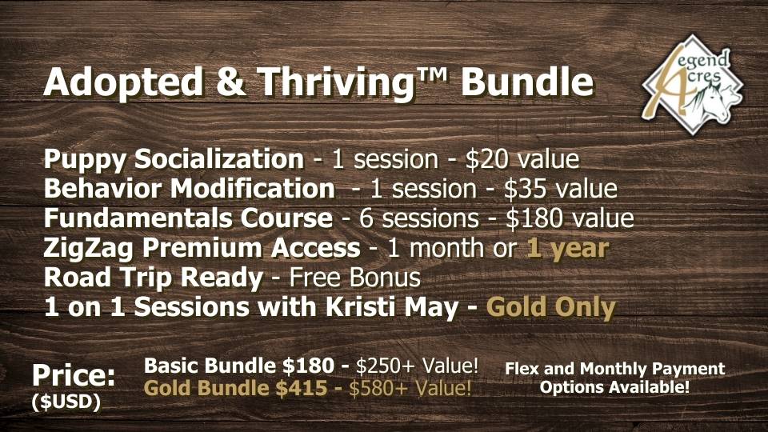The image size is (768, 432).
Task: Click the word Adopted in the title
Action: [123, 82]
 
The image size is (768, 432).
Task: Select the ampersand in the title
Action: [230, 82]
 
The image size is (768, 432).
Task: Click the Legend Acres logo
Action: [692, 84]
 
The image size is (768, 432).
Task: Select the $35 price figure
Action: [525, 189]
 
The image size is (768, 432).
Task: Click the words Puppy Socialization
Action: [174, 160]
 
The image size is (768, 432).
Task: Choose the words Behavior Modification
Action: [190, 189]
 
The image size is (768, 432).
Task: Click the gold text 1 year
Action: [568, 248]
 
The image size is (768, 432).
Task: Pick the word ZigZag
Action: [88, 248]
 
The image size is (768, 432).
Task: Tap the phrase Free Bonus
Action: [355, 278]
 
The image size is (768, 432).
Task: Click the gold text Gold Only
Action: [550, 307]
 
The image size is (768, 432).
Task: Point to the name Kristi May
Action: [392, 306]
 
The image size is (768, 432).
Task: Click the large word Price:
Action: [74, 376]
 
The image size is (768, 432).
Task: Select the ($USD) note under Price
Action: [66, 402]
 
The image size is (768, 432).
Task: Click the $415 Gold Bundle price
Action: [302, 388]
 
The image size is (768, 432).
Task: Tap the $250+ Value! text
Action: [417, 366]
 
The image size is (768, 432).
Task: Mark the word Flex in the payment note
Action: [522, 368]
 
